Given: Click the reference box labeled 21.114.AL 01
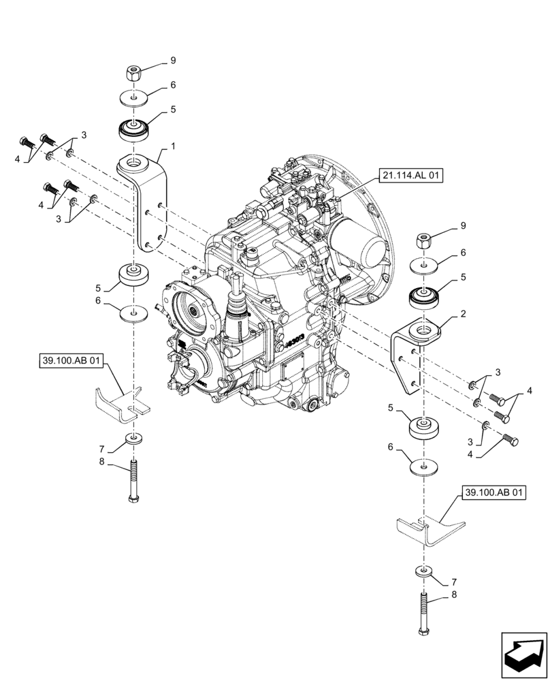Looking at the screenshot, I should tap(411, 176).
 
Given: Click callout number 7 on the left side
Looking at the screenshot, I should tap(101, 449).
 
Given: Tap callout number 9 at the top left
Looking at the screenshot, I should tap(172, 61).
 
